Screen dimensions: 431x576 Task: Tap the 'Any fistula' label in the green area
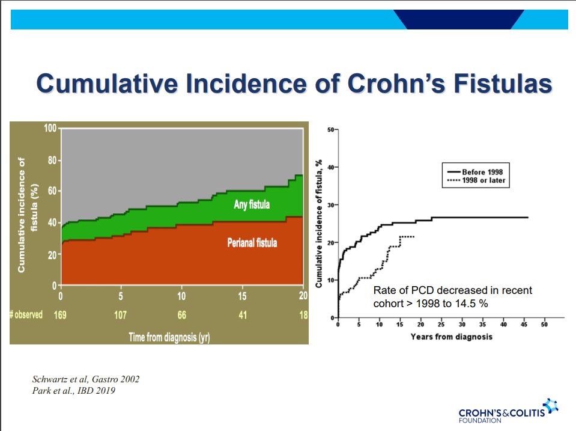[252, 205]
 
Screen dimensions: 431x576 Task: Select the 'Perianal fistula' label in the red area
[252, 243]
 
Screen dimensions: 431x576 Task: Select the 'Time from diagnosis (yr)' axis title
[169, 337]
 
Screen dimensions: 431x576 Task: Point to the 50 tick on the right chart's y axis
[332, 130]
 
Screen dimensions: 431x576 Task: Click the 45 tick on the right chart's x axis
[524, 325]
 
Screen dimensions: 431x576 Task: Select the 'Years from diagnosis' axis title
[451, 337]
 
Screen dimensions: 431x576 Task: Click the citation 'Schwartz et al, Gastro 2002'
[88, 379]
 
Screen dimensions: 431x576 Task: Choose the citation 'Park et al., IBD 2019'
[73, 391]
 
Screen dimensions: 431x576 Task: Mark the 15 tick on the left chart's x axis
[242, 295]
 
